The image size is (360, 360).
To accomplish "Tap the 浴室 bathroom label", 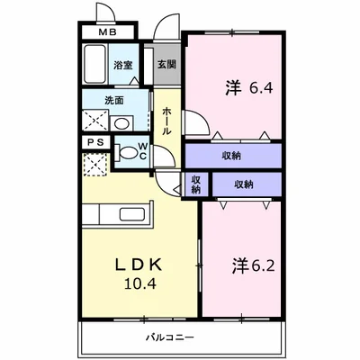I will [x=123, y=66].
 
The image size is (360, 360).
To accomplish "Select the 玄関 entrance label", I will [x=166, y=65].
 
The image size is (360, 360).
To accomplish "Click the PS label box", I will [x=95, y=142].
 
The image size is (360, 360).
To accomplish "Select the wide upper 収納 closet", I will [x=232, y=156].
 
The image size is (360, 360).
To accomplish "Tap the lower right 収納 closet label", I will [x=244, y=184].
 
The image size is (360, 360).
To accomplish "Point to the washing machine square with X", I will [x=94, y=121].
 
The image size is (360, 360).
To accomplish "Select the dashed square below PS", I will [x=94, y=164].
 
